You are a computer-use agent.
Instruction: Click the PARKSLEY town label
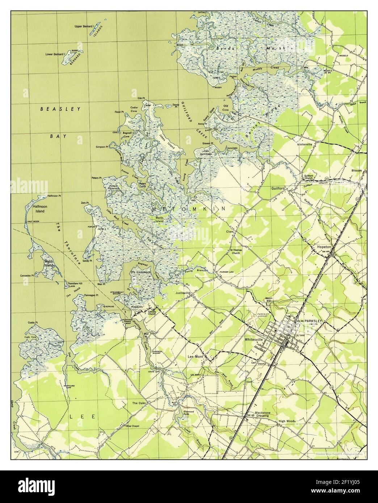click(313, 321)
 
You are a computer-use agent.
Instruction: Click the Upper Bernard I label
click(84, 26)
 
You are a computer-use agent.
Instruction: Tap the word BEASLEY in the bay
click(60, 108)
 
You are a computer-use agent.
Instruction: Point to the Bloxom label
click(357, 170)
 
